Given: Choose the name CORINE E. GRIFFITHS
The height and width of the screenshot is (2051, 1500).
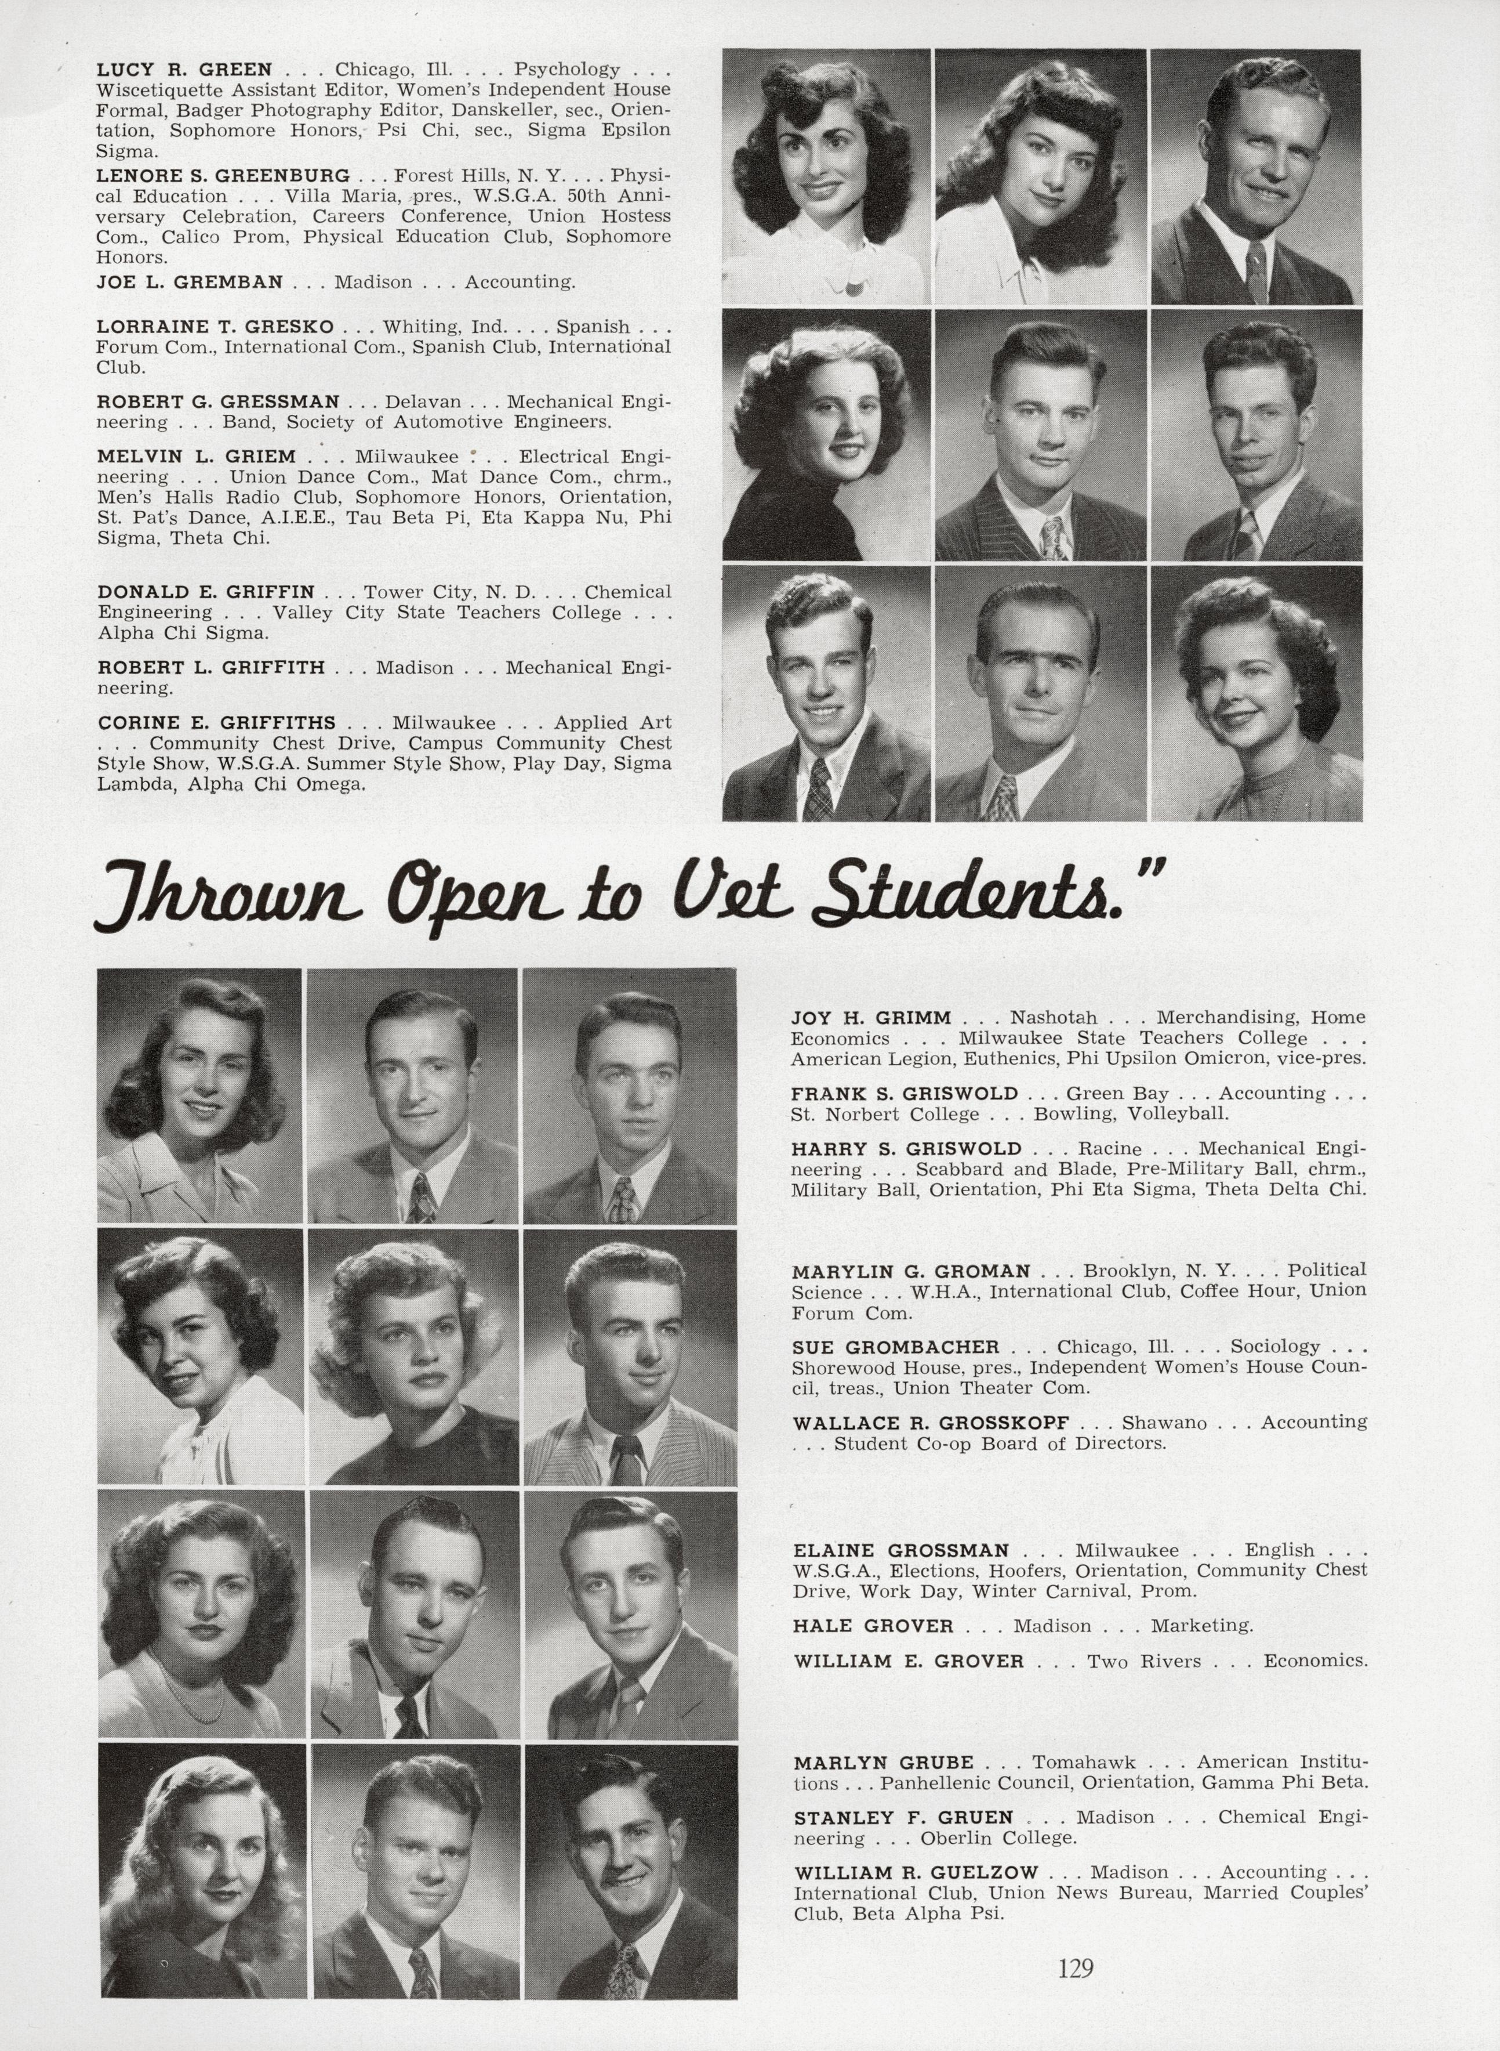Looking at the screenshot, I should coord(216,723).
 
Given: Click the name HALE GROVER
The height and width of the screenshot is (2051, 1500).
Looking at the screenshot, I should coord(873,1625).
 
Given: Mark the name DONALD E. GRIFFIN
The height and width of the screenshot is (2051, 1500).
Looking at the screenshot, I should coord(206,591).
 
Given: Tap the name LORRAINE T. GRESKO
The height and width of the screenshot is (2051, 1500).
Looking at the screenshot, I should coord(215,326).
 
